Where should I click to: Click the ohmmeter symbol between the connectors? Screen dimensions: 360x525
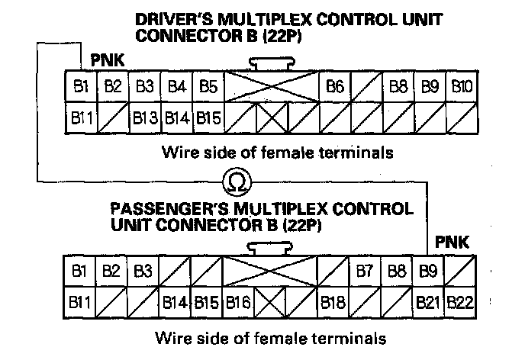pyautogui.click(x=234, y=181)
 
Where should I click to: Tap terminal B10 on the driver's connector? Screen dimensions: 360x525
pyautogui.click(x=461, y=86)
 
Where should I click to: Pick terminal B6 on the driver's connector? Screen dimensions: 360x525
pyautogui.click(x=333, y=86)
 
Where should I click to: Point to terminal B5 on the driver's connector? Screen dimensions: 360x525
pyautogui.click(x=208, y=86)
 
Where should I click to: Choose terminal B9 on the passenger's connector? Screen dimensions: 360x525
pyautogui.click(x=427, y=270)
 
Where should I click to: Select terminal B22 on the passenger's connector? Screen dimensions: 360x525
pyautogui.click(x=460, y=301)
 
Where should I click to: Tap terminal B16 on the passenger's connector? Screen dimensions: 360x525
pyautogui.click(x=238, y=301)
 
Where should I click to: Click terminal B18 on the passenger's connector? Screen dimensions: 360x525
pyautogui.click(x=333, y=301)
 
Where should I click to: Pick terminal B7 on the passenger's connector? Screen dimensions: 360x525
pyautogui.click(x=364, y=270)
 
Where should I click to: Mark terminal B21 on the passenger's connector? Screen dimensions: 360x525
pyautogui.click(x=429, y=301)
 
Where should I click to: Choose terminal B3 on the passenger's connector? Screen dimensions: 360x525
pyautogui.click(x=143, y=270)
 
